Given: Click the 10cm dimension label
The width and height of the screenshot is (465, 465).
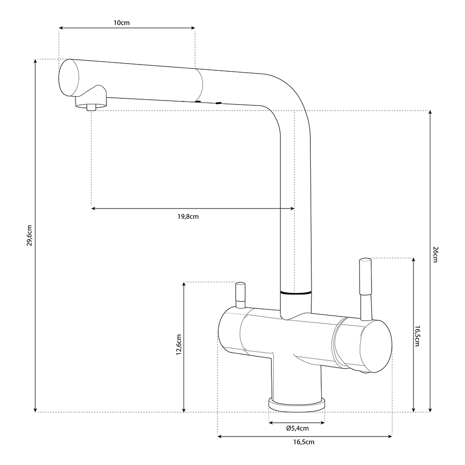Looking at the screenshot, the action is click(x=121, y=23).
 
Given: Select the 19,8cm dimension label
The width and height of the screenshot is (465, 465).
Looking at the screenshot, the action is click(x=188, y=216).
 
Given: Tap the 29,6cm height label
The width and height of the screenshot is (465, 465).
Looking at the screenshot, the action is click(x=29, y=235).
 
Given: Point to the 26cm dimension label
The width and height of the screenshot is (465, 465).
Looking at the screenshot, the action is click(x=435, y=254).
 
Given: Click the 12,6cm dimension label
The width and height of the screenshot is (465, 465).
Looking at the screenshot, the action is click(x=179, y=344).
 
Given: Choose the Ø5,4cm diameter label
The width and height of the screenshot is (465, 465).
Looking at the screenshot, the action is click(x=298, y=428).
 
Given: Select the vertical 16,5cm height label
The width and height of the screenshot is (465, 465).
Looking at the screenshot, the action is click(x=417, y=336).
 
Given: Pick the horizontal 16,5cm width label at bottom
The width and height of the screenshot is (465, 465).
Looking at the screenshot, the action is click(x=304, y=442).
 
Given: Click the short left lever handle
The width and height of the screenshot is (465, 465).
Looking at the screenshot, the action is click(x=240, y=295).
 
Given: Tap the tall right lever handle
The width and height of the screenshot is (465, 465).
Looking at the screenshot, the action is click(x=365, y=289).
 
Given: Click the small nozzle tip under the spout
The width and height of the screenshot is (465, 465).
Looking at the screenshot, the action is click(x=91, y=107).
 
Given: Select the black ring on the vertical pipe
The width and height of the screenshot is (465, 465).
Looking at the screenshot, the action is click(x=296, y=293).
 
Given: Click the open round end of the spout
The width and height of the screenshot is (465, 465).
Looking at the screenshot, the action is click(x=69, y=77).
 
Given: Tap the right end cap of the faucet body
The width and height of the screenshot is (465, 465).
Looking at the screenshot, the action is click(x=376, y=346).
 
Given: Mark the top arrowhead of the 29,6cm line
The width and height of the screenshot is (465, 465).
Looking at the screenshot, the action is click(x=35, y=61).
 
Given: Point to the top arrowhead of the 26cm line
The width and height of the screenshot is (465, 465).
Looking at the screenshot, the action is click(x=430, y=113).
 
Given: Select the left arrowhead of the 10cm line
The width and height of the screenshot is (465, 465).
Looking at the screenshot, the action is click(x=61, y=28).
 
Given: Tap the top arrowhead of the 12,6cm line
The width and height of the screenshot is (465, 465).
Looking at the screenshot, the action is click(x=184, y=284).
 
